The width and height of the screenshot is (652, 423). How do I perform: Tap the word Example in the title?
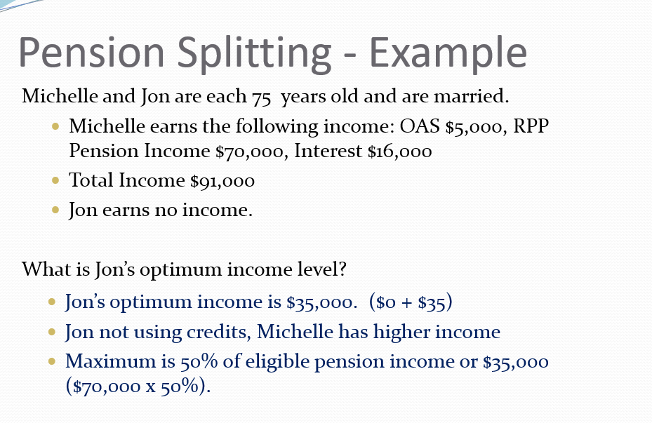(448, 52)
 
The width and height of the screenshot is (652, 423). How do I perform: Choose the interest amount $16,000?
(399, 151)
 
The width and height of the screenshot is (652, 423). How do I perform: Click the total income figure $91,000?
(222, 180)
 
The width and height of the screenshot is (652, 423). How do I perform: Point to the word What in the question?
(41, 269)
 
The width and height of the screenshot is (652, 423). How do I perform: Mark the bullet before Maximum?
(53, 363)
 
